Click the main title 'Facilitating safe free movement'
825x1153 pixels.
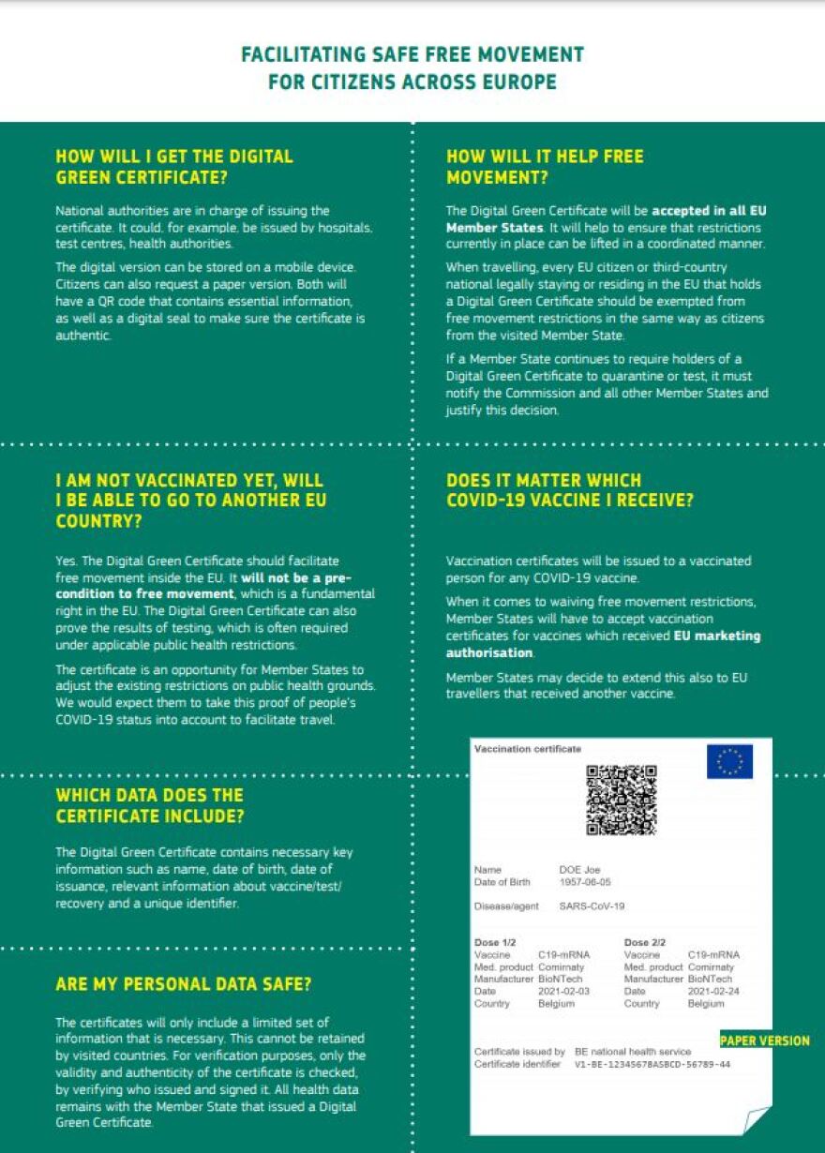coord(412,54)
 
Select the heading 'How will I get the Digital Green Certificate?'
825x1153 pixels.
coord(174,167)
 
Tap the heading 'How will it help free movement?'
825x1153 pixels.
coord(545,167)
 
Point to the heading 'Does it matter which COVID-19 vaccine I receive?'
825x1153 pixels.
coord(570,490)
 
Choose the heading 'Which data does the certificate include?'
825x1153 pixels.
coord(150,806)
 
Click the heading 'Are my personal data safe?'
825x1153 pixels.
coord(184,984)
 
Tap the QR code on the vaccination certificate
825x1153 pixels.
coord(621,801)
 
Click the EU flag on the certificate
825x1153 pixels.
coord(729,761)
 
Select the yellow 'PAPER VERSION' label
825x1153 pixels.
coord(764,1041)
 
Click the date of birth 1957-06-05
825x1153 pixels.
coord(584,882)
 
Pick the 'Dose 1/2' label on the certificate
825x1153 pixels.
coord(495,942)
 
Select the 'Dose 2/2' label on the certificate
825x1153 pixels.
coord(645,942)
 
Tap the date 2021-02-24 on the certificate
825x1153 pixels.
coord(712,991)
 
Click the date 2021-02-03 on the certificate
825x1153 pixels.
coord(563,991)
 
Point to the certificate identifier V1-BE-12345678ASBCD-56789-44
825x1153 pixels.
coord(652,1065)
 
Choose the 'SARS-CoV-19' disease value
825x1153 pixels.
coord(592,906)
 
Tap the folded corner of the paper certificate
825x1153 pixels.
coord(756,1119)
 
